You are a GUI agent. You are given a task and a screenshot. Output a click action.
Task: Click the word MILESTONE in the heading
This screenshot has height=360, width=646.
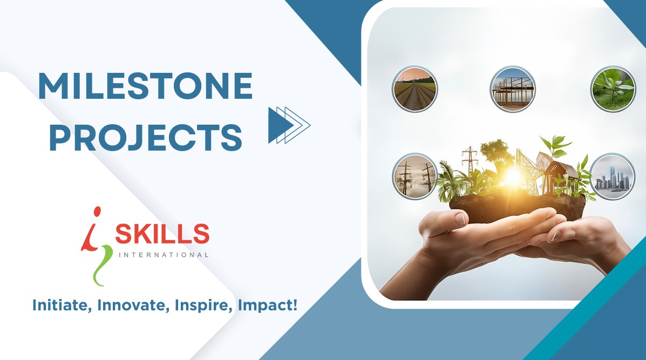[x=145, y=86]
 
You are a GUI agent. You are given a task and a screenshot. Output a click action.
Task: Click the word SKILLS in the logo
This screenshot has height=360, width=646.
[x=162, y=234]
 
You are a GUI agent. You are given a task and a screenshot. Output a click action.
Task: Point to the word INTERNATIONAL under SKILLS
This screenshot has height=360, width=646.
[x=164, y=255]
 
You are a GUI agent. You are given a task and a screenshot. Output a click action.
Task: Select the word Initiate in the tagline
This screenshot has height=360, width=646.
[x=62, y=305]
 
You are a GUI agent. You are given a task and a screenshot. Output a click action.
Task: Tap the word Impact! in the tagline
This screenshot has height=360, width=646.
[x=268, y=306]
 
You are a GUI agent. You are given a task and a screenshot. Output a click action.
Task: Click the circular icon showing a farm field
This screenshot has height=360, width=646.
[x=414, y=89]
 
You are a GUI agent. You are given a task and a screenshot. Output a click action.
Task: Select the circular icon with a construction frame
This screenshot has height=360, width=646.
[x=513, y=89]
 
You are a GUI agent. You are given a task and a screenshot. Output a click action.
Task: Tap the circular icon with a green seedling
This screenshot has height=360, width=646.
[x=613, y=89]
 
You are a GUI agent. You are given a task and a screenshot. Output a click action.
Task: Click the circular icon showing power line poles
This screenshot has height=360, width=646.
[x=414, y=176]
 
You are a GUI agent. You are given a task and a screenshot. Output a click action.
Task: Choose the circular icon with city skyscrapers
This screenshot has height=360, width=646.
[x=612, y=176]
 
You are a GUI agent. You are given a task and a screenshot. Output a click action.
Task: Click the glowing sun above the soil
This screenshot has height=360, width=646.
[x=513, y=177]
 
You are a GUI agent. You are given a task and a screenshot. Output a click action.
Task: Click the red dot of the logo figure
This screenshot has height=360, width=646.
[x=97, y=212]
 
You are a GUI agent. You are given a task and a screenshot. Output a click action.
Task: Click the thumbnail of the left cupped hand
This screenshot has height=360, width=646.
[x=460, y=218]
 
